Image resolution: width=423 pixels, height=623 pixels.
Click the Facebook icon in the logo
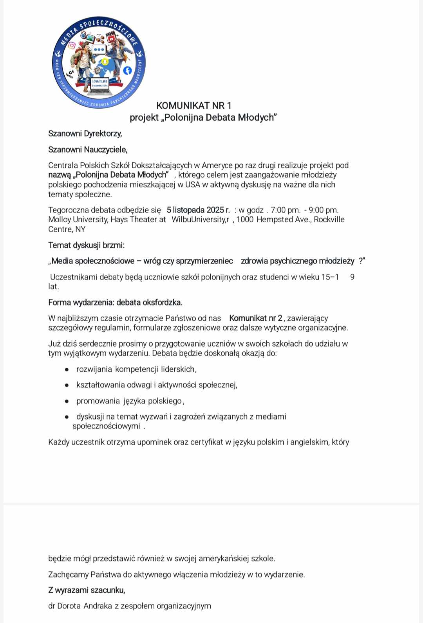pyautogui.click(x=127, y=71)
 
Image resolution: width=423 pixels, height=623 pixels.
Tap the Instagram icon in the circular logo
pyautogui.click(x=72, y=45)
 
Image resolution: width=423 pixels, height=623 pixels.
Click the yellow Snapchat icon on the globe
pyautogui.click(x=105, y=62)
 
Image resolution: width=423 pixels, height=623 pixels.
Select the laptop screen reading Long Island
pyautogui.click(x=99, y=83)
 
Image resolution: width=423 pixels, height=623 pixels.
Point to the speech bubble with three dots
pyautogui.click(x=99, y=50)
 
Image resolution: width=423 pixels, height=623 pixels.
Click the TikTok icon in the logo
pyautogui.click(x=70, y=74)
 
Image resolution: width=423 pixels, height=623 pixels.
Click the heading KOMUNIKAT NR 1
pyautogui.click(x=194, y=105)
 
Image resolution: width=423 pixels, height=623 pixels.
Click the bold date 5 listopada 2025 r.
pyautogui.click(x=198, y=210)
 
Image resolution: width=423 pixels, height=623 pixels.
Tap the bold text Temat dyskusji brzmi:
pyautogui.click(x=86, y=245)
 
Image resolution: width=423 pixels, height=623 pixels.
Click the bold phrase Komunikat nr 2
pyautogui.click(x=256, y=318)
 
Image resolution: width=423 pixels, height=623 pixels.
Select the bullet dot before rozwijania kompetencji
pyautogui.click(x=67, y=369)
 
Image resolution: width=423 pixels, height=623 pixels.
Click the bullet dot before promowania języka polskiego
pyautogui.click(x=67, y=401)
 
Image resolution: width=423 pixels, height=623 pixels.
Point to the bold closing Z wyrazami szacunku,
pyautogui.click(x=87, y=590)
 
